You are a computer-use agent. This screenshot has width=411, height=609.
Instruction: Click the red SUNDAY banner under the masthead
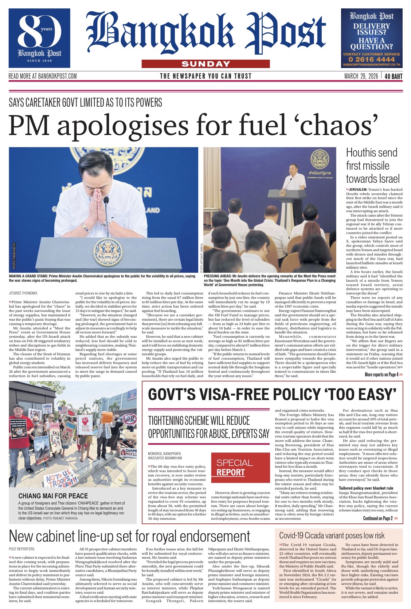tap(205, 64)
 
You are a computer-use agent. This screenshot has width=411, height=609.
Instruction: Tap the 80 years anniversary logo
tap(39, 38)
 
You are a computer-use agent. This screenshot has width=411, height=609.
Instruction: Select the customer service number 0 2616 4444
tap(371, 59)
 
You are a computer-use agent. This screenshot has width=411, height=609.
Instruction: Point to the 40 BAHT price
tap(393, 76)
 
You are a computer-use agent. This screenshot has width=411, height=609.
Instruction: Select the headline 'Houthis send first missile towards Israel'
tap(373, 166)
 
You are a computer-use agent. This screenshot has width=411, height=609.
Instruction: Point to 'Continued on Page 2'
tap(380, 518)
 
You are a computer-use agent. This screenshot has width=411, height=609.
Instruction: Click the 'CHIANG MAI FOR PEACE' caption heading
tap(53, 496)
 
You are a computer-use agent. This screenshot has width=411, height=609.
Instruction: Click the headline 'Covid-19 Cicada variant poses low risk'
tap(332, 535)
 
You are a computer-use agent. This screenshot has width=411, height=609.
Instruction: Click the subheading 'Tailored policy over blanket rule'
tap(366, 488)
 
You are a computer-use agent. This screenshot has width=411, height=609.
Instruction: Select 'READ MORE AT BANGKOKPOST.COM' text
tap(43, 76)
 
